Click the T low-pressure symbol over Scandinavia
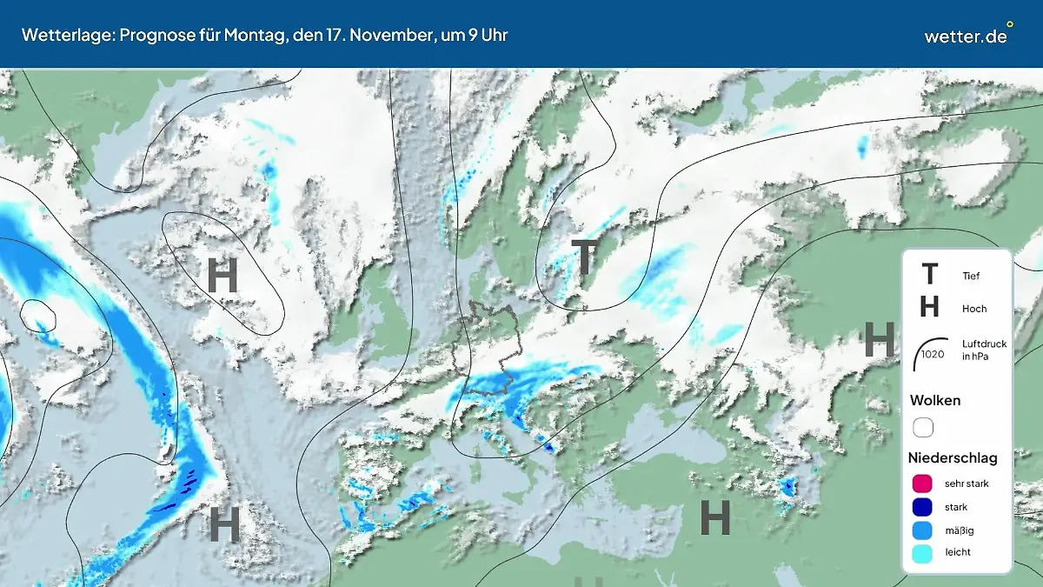585,258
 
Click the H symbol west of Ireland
223,277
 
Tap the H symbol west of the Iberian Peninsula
224,524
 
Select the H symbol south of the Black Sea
714,518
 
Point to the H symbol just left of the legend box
879,339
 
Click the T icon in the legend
929,275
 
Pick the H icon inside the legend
929,307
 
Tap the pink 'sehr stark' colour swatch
923,484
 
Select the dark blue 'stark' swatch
923,507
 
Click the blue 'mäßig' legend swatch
923,530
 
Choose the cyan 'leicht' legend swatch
923,552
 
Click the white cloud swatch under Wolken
923,427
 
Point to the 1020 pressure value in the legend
933,354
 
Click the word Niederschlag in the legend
953,457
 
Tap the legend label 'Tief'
971,277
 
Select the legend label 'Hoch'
974,309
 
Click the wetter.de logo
967,36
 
